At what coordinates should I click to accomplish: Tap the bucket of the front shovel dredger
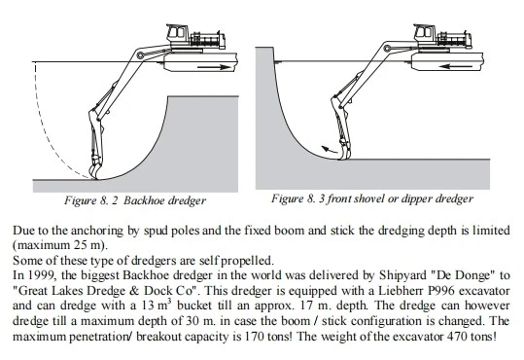click(344, 151)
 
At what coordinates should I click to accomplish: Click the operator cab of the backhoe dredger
click(176, 32)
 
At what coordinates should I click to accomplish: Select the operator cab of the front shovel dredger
click(425, 32)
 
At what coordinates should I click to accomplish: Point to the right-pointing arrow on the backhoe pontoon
click(214, 67)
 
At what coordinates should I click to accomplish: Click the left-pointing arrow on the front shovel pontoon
click(456, 66)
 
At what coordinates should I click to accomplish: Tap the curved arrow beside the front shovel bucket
click(330, 150)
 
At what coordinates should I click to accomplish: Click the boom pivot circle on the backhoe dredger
click(141, 55)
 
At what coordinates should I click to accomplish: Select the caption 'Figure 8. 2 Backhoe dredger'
click(135, 200)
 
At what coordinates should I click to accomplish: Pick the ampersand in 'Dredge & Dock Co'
click(134, 290)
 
